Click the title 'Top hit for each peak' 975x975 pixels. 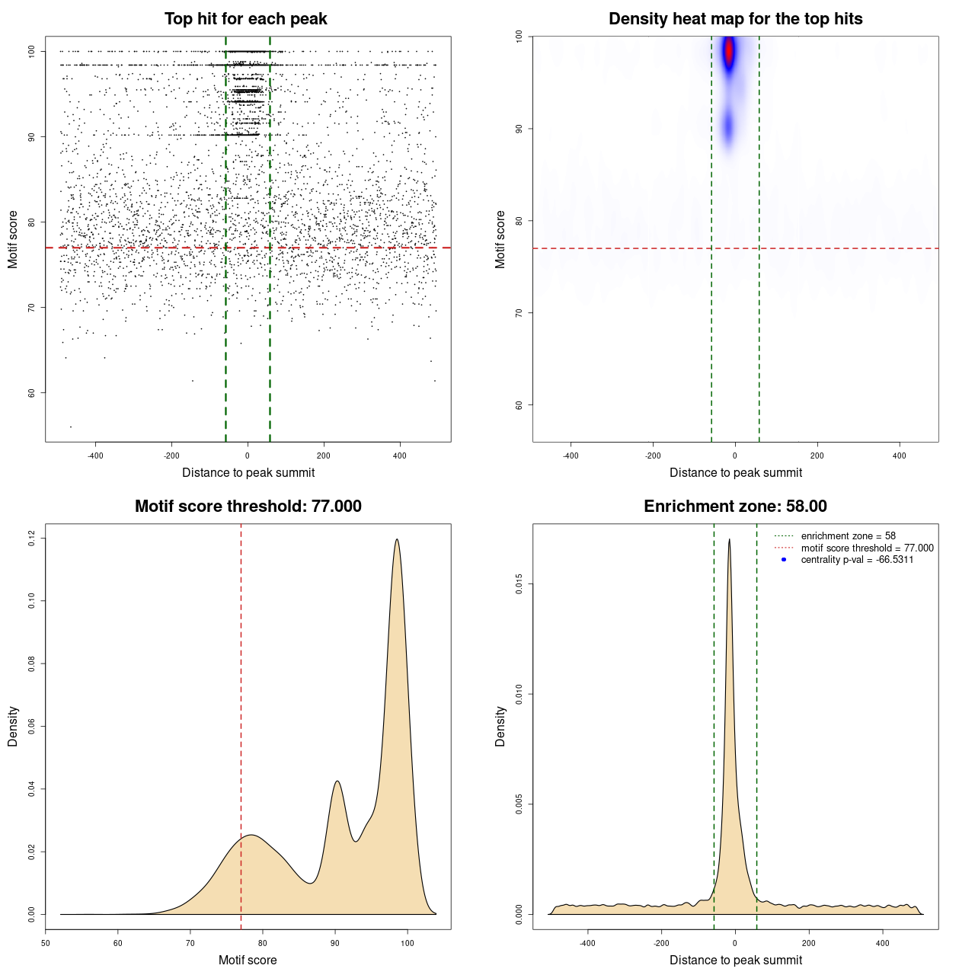pyautogui.click(x=245, y=19)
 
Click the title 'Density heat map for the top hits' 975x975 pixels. pyautogui.click(x=735, y=19)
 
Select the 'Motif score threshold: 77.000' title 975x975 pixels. pyautogui.click(x=248, y=507)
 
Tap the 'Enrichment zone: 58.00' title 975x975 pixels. pyautogui.click(x=735, y=507)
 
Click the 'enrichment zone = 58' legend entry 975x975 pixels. pyautogui.click(x=848, y=536)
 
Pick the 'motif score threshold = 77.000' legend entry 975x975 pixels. pyautogui.click(x=867, y=548)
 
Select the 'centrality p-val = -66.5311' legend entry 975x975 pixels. pyautogui.click(x=857, y=560)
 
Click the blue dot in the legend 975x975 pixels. pyautogui.click(x=784, y=560)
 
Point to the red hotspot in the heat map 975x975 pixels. pyautogui.click(x=729, y=51)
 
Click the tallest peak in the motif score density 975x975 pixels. pyautogui.click(x=397, y=540)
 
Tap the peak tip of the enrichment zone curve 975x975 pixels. pyautogui.click(x=729, y=540)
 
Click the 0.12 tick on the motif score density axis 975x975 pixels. pyautogui.click(x=32, y=539)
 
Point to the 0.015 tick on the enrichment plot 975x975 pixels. pyautogui.click(x=519, y=584)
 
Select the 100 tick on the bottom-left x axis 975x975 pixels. pyautogui.click(x=408, y=943)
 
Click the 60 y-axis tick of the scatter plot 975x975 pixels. pyautogui.click(x=32, y=393)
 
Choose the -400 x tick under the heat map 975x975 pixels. pyautogui.click(x=571, y=456)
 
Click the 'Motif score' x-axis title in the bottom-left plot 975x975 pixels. pyautogui.click(x=248, y=961)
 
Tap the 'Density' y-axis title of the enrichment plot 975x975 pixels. pyautogui.click(x=500, y=726)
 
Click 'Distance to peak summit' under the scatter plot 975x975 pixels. pyautogui.click(x=248, y=473)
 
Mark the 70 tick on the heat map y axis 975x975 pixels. pyautogui.click(x=519, y=313)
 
